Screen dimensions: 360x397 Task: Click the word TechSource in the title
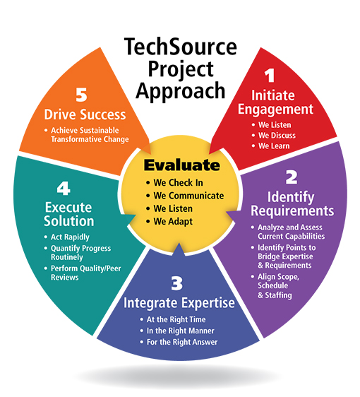(181, 47)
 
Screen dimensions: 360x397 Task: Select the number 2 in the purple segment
(292, 177)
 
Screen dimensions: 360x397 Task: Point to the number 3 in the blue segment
(176, 283)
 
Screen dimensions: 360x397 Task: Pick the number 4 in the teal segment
(64, 189)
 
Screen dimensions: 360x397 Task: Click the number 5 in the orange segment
(81, 95)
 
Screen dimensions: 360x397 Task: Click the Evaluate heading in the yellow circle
(182, 165)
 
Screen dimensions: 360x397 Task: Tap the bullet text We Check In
(178, 182)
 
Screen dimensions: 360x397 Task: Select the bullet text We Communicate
(188, 196)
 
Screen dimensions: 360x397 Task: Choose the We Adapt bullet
(173, 222)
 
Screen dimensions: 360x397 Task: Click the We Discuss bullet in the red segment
(277, 136)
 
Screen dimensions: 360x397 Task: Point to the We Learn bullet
(274, 146)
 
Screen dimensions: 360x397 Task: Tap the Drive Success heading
(85, 114)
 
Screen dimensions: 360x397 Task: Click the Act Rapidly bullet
(70, 237)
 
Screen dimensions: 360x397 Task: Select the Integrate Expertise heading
(179, 303)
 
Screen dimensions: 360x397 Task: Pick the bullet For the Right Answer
(182, 342)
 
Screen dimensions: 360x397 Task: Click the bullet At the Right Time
(176, 319)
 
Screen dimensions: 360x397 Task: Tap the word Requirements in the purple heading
(292, 211)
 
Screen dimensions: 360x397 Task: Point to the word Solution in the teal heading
(68, 221)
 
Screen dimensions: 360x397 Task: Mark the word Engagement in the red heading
(275, 109)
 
